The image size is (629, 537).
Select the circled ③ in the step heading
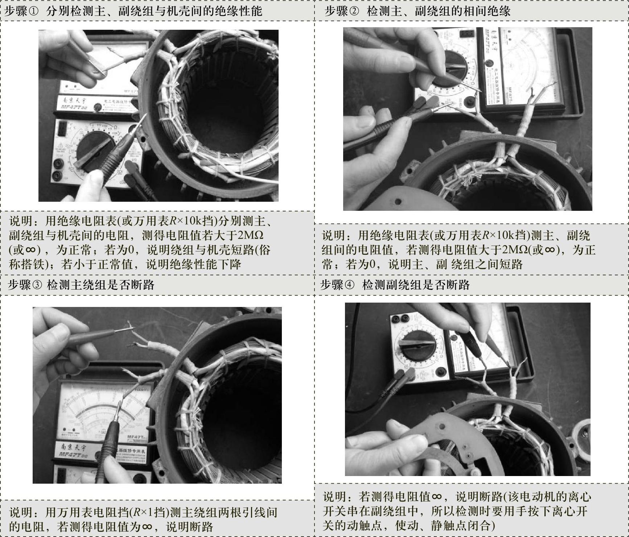[37, 285]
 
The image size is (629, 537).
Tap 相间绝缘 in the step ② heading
[487, 11]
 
